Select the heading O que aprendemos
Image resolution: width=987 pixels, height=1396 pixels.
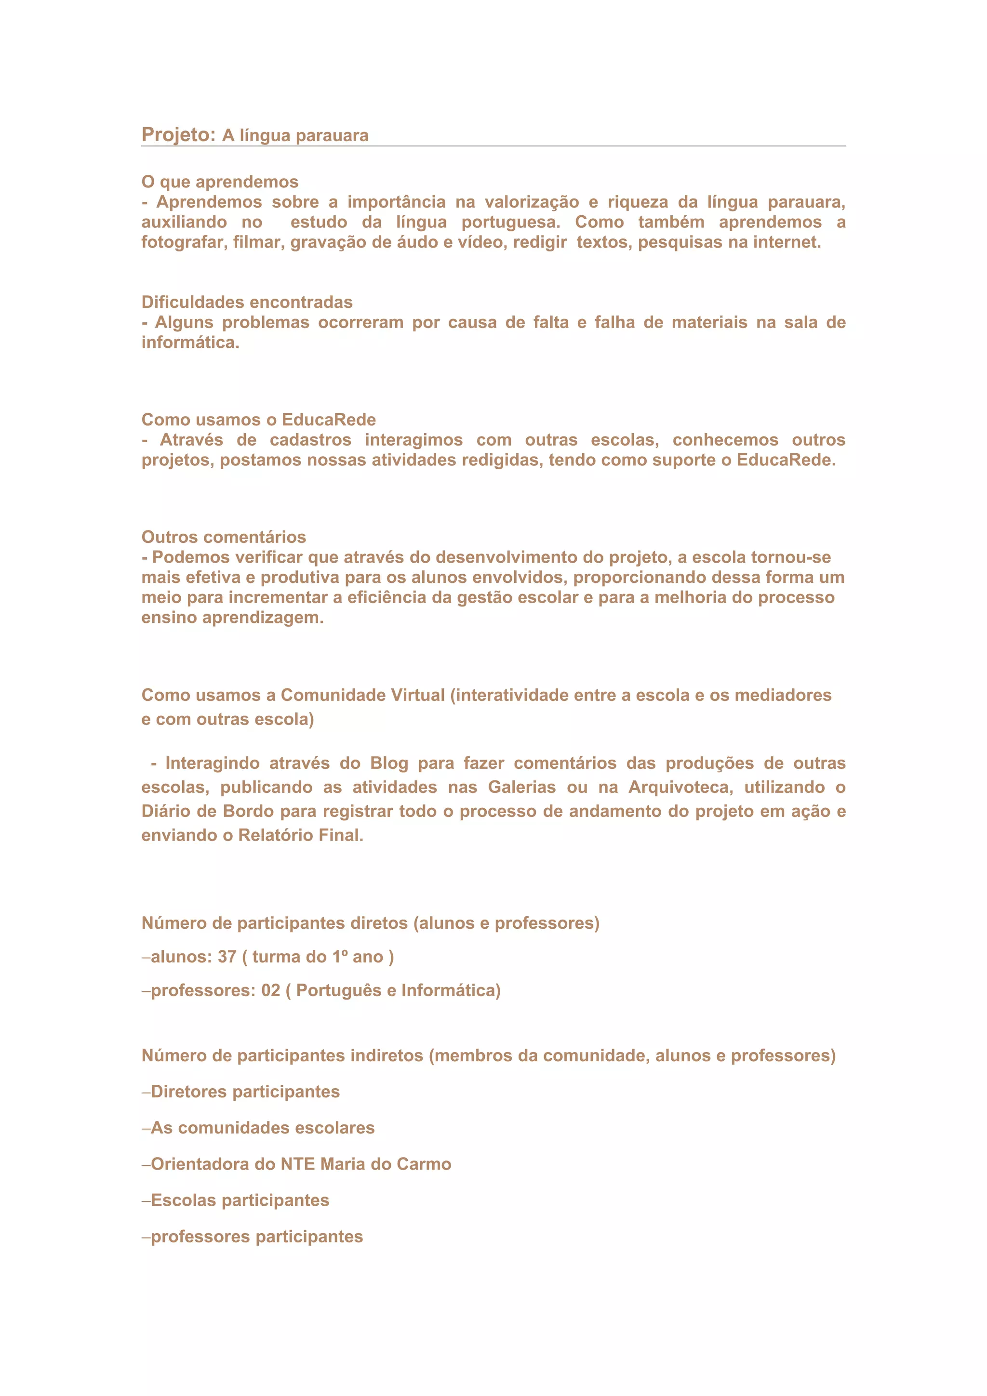point(220,182)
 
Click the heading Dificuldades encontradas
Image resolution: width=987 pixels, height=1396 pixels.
point(247,302)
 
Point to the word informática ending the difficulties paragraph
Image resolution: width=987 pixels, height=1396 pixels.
point(190,342)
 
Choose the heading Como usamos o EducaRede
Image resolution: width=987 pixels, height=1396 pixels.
point(258,420)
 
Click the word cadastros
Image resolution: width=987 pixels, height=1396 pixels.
point(310,440)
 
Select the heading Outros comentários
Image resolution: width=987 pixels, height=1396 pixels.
point(224,537)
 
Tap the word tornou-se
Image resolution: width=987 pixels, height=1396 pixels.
point(790,557)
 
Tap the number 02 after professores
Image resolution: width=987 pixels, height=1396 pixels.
point(271,990)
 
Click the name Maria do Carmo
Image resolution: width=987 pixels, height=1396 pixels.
point(386,1164)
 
